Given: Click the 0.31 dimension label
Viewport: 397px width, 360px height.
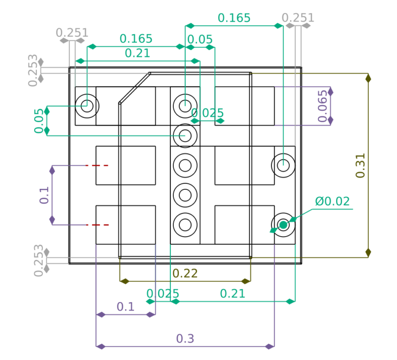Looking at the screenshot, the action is [x=360, y=166].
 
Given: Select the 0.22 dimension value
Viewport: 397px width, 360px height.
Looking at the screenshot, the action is [x=185, y=273].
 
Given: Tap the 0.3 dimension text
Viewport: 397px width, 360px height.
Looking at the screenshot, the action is [x=185, y=338].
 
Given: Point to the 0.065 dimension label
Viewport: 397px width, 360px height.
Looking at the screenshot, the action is [x=322, y=106].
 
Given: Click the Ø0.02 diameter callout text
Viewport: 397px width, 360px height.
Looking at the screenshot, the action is [x=333, y=201].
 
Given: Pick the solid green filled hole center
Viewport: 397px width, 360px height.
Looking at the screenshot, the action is [x=283, y=225].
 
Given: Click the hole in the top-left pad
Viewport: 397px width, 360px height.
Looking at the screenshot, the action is [x=87, y=106].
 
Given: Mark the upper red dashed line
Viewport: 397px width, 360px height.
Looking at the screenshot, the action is [x=97, y=166].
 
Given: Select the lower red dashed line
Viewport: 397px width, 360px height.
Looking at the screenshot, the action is [x=97, y=225].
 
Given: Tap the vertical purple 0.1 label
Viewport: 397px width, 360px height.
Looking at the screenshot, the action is [x=44, y=195].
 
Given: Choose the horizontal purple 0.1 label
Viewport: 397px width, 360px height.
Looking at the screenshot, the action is [x=125, y=307].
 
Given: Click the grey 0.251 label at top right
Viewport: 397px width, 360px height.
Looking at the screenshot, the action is [x=298, y=18].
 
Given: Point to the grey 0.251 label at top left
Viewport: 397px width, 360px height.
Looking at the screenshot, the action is [x=72, y=33].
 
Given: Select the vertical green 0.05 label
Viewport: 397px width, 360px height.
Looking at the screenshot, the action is [x=39, y=121].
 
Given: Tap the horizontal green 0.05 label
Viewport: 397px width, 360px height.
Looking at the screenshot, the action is [x=200, y=39].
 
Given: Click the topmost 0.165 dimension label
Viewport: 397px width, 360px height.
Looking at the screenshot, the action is [x=234, y=18].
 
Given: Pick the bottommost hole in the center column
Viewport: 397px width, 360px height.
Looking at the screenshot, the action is [x=185, y=225].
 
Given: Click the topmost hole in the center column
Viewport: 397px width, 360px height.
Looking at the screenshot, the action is [x=185, y=106].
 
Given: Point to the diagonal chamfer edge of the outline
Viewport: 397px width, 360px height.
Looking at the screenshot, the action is [x=135, y=88].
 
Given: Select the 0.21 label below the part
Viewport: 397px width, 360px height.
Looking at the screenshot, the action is [x=233, y=294].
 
